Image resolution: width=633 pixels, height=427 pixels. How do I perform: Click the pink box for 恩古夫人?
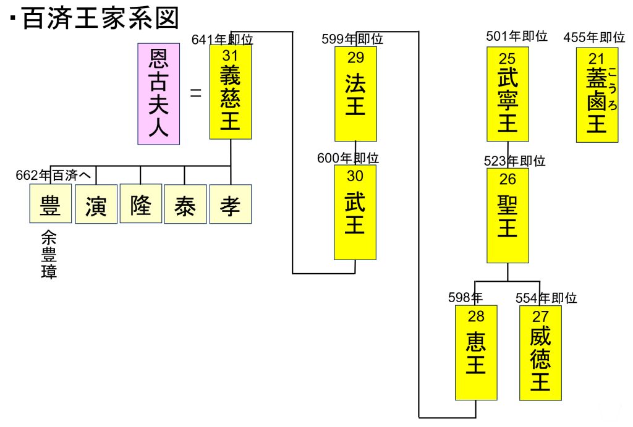(x=158, y=94)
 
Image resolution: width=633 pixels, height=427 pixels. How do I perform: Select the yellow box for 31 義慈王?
(x=230, y=92)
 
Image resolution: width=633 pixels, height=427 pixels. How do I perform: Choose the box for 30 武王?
(x=355, y=212)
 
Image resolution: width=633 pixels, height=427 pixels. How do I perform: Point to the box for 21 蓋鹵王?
(x=597, y=94)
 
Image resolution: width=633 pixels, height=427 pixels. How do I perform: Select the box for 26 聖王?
(x=508, y=216)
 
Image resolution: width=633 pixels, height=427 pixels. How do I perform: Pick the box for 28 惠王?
(x=475, y=352)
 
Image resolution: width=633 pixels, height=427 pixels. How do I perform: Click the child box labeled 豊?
(x=50, y=204)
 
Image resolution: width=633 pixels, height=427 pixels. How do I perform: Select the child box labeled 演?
(x=96, y=204)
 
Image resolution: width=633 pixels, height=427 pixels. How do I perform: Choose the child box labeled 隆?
(x=140, y=203)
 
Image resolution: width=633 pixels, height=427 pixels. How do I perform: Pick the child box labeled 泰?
(x=185, y=204)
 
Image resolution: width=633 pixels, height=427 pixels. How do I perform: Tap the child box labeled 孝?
(x=230, y=204)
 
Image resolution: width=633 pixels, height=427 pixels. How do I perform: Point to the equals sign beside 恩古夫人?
(x=196, y=95)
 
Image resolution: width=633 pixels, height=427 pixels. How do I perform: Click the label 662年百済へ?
(x=53, y=175)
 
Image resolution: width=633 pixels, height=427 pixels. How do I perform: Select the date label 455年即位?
(x=594, y=38)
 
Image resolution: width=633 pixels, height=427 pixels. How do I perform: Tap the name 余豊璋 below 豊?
(x=49, y=255)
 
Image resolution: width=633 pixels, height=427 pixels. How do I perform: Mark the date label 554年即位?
(x=546, y=298)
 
